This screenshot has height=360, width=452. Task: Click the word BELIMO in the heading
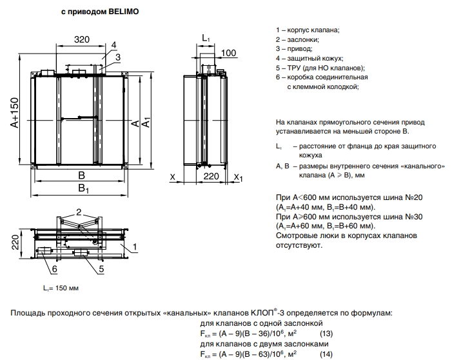click(x=124, y=12)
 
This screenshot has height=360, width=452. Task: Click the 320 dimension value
click(x=82, y=39)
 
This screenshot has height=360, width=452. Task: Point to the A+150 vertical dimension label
click(x=14, y=112)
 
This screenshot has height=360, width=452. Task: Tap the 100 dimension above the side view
click(x=229, y=53)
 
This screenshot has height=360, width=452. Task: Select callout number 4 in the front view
click(x=113, y=45)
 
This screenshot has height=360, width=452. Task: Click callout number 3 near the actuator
click(x=117, y=57)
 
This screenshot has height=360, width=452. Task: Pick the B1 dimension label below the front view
click(x=83, y=188)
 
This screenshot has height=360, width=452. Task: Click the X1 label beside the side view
click(x=238, y=177)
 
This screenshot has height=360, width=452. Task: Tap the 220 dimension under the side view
click(x=211, y=176)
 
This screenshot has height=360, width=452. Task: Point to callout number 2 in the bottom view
click(x=79, y=212)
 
